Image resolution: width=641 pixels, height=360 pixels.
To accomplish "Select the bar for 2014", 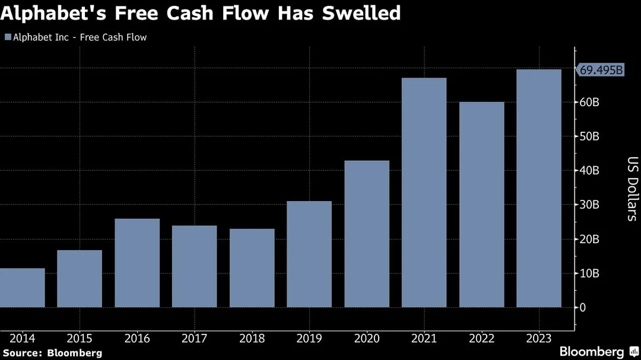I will [22, 288].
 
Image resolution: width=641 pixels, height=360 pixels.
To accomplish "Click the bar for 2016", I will [137, 263].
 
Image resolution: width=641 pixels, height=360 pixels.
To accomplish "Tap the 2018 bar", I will [252, 268].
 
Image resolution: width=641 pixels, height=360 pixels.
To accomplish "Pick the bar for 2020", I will [367, 234].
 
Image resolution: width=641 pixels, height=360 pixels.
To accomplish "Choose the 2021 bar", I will [424, 193].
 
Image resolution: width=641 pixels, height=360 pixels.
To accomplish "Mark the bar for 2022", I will [481, 205].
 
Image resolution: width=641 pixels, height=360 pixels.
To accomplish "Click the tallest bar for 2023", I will [539, 189].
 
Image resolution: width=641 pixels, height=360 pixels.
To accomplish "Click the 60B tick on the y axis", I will [589, 102].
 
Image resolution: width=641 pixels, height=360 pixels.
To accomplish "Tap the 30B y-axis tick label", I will [589, 205].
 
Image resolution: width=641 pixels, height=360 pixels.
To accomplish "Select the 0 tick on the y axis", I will [583, 307].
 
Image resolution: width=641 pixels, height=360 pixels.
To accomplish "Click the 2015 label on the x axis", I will [80, 338].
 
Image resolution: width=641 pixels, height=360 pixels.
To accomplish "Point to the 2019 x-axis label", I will [309, 338].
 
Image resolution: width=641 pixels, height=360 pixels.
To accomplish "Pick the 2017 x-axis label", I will [194, 338].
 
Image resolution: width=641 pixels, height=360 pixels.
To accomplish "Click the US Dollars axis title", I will [632, 189].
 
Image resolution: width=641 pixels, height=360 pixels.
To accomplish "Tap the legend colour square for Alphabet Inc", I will [8, 37].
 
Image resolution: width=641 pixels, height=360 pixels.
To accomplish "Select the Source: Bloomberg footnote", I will [52, 353].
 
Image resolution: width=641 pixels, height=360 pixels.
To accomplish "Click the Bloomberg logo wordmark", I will [592, 352].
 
